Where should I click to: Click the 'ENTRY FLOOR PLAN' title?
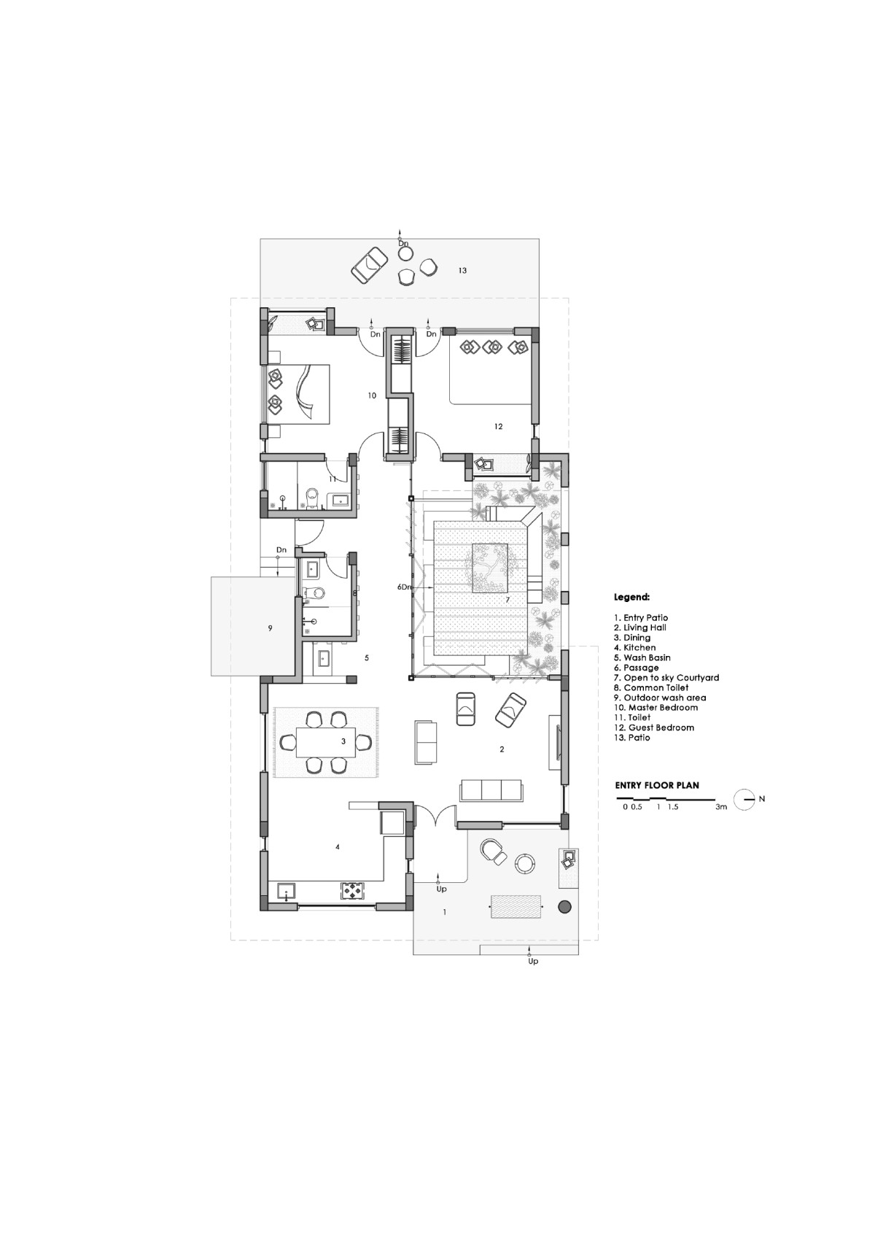click(x=657, y=785)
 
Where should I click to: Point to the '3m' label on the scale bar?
click(x=721, y=807)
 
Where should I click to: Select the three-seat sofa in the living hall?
click(x=491, y=790)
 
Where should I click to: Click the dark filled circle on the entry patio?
click(x=564, y=906)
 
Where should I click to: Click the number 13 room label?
click(x=462, y=271)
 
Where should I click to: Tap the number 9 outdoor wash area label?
click(x=271, y=628)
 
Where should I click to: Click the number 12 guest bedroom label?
click(x=499, y=426)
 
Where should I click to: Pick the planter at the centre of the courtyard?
click(x=490, y=568)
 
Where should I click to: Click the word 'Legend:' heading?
click(x=631, y=598)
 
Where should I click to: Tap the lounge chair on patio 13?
click(x=370, y=265)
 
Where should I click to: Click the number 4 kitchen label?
click(x=337, y=847)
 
